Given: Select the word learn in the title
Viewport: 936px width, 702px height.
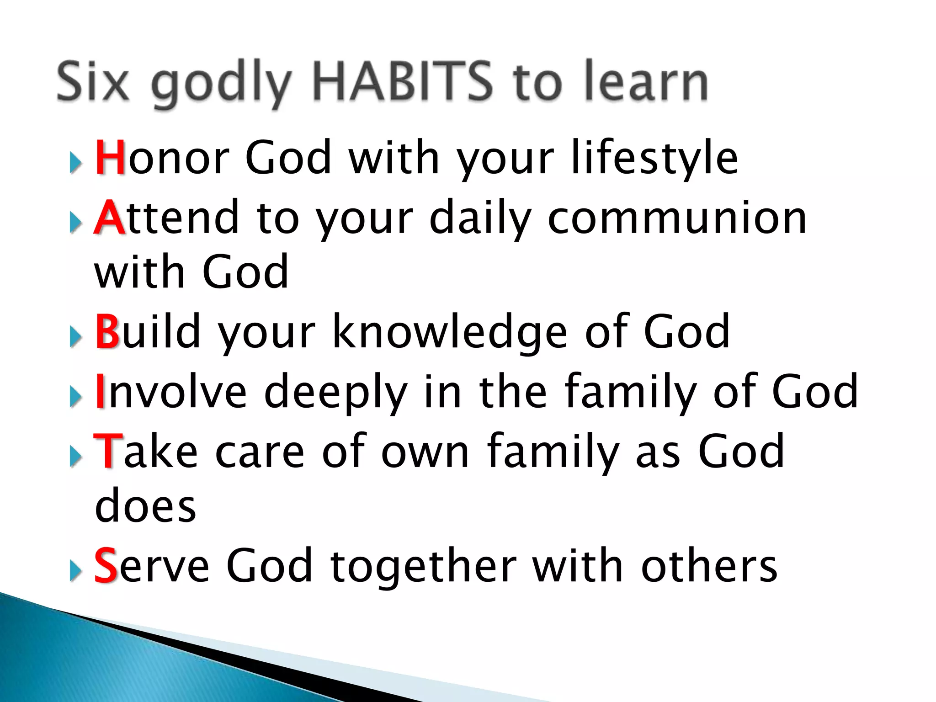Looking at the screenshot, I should click(646, 82).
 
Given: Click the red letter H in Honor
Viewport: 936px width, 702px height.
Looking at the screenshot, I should click(110, 158).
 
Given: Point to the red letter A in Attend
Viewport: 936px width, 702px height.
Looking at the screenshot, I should click(109, 218).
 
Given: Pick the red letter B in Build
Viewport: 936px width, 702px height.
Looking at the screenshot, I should click(107, 331).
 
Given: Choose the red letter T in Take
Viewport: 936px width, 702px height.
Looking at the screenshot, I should click(108, 452).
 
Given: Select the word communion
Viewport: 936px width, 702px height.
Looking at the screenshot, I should click(677, 218).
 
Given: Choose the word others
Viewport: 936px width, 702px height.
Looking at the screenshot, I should click(709, 567).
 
